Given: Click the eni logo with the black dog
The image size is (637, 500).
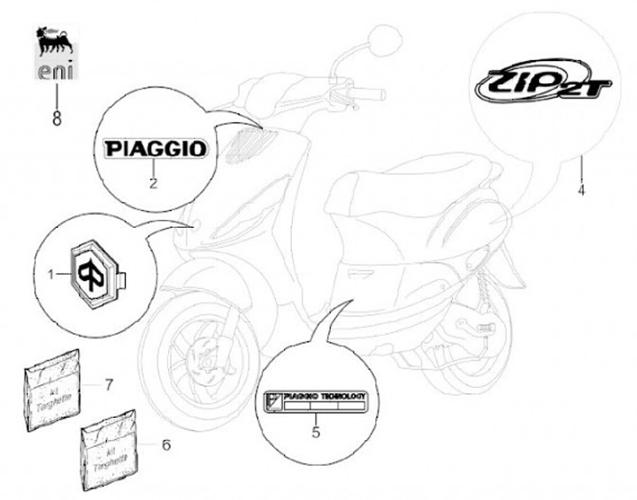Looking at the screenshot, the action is [x=56, y=52].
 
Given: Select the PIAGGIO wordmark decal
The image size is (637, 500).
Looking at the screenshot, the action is [x=155, y=148].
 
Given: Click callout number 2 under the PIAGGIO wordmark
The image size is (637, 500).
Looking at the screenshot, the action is [x=153, y=184].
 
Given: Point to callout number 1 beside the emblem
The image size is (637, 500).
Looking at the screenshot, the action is [x=50, y=274].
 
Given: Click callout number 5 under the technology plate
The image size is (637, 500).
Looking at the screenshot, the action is [x=316, y=433].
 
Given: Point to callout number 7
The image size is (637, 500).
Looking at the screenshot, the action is [x=109, y=384].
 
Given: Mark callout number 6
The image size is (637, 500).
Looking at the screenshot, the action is [x=165, y=444].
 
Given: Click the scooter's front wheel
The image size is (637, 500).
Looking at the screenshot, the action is [x=199, y=352].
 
